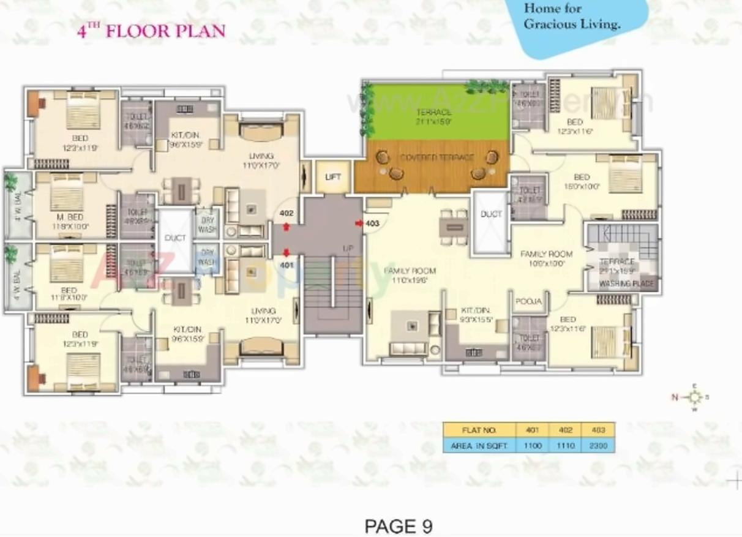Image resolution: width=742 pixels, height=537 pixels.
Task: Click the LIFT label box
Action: [x=332, y=177]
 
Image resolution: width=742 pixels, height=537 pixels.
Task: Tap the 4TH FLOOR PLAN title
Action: [x=151, y=31]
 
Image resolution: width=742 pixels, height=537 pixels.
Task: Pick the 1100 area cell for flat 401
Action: [x=533, y=446]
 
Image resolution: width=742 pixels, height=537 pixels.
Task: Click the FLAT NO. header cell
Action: [x=479, y=430]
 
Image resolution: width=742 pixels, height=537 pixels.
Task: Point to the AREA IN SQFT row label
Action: [x=479, y=446]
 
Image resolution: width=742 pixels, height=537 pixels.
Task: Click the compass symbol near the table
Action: [x=694, y=396]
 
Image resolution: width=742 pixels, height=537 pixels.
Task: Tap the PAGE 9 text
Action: [x=398, y=526]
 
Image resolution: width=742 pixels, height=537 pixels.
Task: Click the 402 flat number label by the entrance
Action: [x=286, y=213]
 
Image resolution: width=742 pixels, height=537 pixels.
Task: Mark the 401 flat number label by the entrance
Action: [x=286, y=265]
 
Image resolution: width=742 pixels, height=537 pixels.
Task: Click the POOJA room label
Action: [x=528, y=302]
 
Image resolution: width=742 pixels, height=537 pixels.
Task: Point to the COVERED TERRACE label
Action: [x=437, y=158]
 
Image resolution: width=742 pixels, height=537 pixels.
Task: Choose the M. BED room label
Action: [x=70, y=217]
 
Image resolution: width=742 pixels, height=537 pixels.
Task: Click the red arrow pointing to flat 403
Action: [x=359, y=223]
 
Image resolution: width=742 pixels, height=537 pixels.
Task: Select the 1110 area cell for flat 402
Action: [x=565, y=446]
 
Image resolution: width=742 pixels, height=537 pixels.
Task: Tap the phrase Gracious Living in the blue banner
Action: [x=572, y=25]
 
